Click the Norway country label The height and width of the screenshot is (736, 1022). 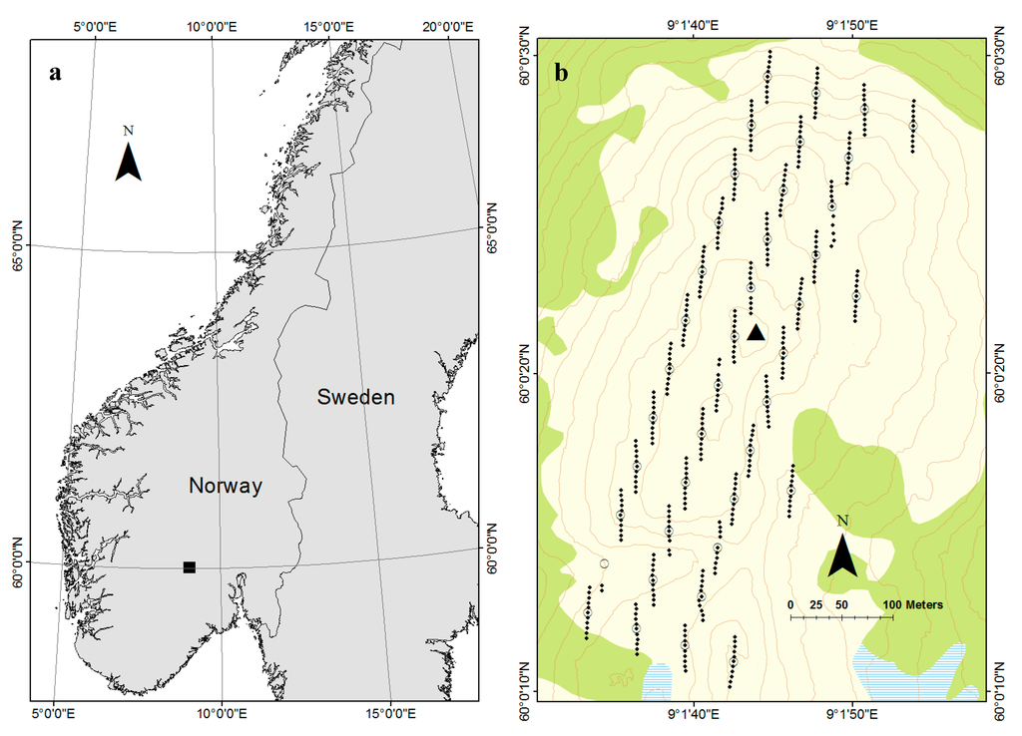tap(226, 487)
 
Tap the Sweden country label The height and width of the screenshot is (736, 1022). tap(355, 398)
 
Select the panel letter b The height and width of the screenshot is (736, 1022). tap(561, 72)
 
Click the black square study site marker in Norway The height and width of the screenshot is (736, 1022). tap(189, 567)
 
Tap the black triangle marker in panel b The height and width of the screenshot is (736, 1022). tap(757, 332)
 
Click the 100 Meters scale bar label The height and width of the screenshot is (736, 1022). tap(912, 604)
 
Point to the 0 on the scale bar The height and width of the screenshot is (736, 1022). tap(790, 604)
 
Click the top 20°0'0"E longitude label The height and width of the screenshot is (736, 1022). tap(446, 24)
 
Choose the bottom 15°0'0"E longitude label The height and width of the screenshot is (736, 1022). tap(391, 714)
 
